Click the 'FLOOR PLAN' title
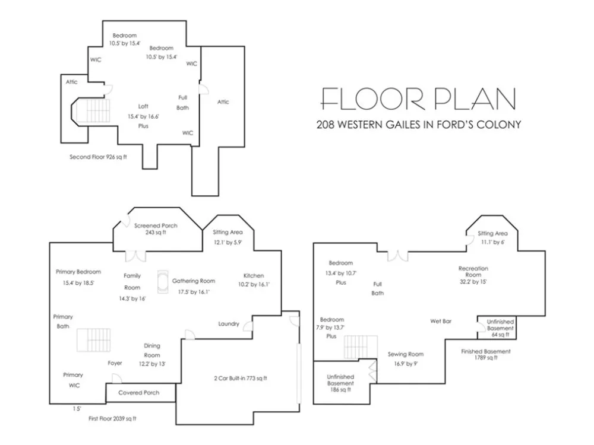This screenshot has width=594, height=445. pos(418,99)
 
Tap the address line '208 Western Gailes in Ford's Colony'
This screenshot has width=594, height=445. pos(419,125)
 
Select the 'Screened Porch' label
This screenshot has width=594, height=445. pos(156,225)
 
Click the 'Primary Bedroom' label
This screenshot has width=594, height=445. pos(78,272)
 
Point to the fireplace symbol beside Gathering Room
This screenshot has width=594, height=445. pos(163,282)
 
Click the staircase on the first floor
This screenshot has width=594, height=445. pos(94,340)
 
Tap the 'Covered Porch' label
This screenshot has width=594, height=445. pos(138,393)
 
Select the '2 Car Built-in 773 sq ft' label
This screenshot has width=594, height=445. pos(241,378)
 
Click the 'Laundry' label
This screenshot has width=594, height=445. pos(229,324)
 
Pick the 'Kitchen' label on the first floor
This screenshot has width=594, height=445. pos(254,275)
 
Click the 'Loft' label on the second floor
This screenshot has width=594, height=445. pos(143,106)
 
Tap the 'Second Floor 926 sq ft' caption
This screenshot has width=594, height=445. pos(98,157)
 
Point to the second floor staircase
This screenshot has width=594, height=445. pos(91,110)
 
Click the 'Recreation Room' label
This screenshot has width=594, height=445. pos(473,272)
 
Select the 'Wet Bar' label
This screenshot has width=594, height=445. pos(441,321)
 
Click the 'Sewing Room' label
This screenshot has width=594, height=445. pos(406,354)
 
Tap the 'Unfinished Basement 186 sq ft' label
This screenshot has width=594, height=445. pos(340,383)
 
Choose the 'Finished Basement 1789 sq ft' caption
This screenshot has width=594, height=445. pos(486,354)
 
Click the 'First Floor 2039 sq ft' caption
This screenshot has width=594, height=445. pos(112,418)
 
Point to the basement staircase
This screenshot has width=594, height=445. pos(361,347)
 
